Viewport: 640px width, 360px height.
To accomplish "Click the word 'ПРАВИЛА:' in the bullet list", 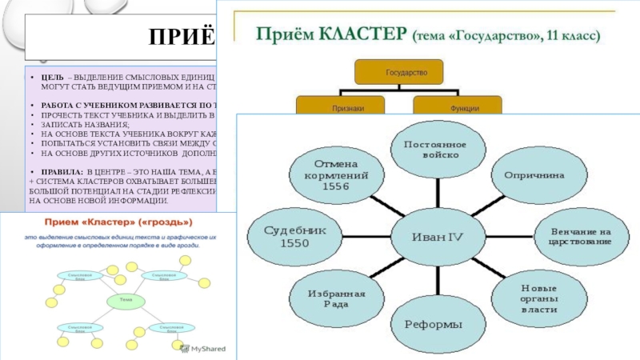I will click(x=54, y=172).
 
